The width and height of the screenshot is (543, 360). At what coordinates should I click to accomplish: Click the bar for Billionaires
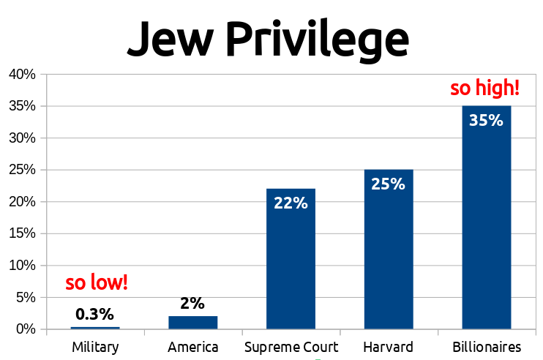pyautogui.click(x=486, y=220)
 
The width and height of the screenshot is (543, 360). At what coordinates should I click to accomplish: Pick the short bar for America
pyautogui.click(x=192, y=323)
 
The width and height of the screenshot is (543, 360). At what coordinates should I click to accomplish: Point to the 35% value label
pyautogui.click(x=486, y=120)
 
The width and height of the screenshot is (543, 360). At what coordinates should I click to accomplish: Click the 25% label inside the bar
pyautogui.click(x=388, y=184)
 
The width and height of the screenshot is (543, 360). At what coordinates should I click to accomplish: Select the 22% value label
pyautogui.click(x=291, y=203)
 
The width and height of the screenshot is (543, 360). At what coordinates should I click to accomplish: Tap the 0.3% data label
pyautogui.click(x=95, y=315)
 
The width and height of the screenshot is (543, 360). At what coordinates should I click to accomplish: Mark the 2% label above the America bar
pyautogui.click(x=192, y=303)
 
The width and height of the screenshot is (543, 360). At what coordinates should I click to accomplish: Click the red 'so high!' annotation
pyautogui.click(x=484, y=89)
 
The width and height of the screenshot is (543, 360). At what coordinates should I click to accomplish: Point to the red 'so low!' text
pyautogui.click(x=97, y=283)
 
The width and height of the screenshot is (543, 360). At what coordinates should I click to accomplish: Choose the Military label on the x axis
pyautogui.click(x=95, y=347)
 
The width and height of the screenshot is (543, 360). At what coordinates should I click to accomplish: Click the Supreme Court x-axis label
pyautogui.click(x=291, y=347)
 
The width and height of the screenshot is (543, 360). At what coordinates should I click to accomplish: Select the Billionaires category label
pyautogui.click(x=486, y=347)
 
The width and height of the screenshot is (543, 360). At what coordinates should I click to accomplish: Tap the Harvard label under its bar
pyautogui.click(x=388, y=347)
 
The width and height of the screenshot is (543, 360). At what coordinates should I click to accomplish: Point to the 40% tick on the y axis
pyautogui.click(x=22, y=75)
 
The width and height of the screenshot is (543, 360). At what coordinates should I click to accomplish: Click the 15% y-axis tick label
pyautogui.click(x=22, y=234)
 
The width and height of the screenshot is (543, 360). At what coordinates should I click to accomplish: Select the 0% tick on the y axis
pyautogui.click(x=26, y=329)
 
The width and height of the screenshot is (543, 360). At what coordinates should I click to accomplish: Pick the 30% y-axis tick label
pyautogui.click(x=22, y=138)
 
